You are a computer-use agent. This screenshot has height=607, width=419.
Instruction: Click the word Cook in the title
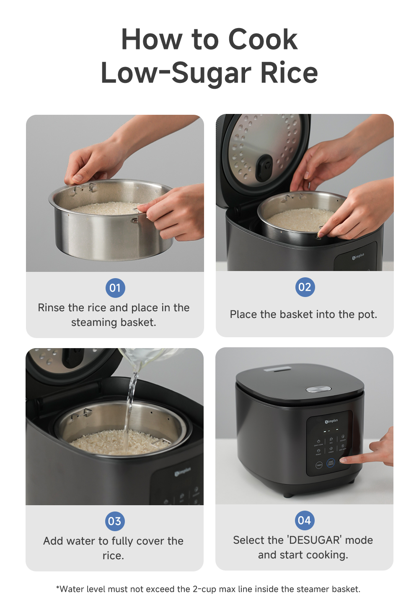[x=263, y=39]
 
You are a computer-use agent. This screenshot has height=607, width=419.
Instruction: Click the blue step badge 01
[x=115, y=288]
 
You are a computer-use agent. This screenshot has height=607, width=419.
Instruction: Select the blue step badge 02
[x=305, y=287]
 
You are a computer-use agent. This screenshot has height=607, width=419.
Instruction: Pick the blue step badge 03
[x=114, y=521]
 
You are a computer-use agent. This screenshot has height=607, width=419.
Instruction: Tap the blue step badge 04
[x=304, y=520]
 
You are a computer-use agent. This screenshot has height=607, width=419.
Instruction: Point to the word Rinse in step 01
[x=51, y=308]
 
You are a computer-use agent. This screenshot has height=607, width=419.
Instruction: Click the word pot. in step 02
[x=367, y=315]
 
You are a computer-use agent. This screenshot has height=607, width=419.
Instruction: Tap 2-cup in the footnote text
[x=204, y=589]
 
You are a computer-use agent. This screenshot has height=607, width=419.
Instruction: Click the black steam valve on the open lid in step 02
[x=264, y=167]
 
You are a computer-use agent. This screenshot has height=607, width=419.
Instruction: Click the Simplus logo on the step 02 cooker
[x=358, y=256]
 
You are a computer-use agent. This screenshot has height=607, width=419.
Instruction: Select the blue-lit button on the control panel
[x=331, y=463]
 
